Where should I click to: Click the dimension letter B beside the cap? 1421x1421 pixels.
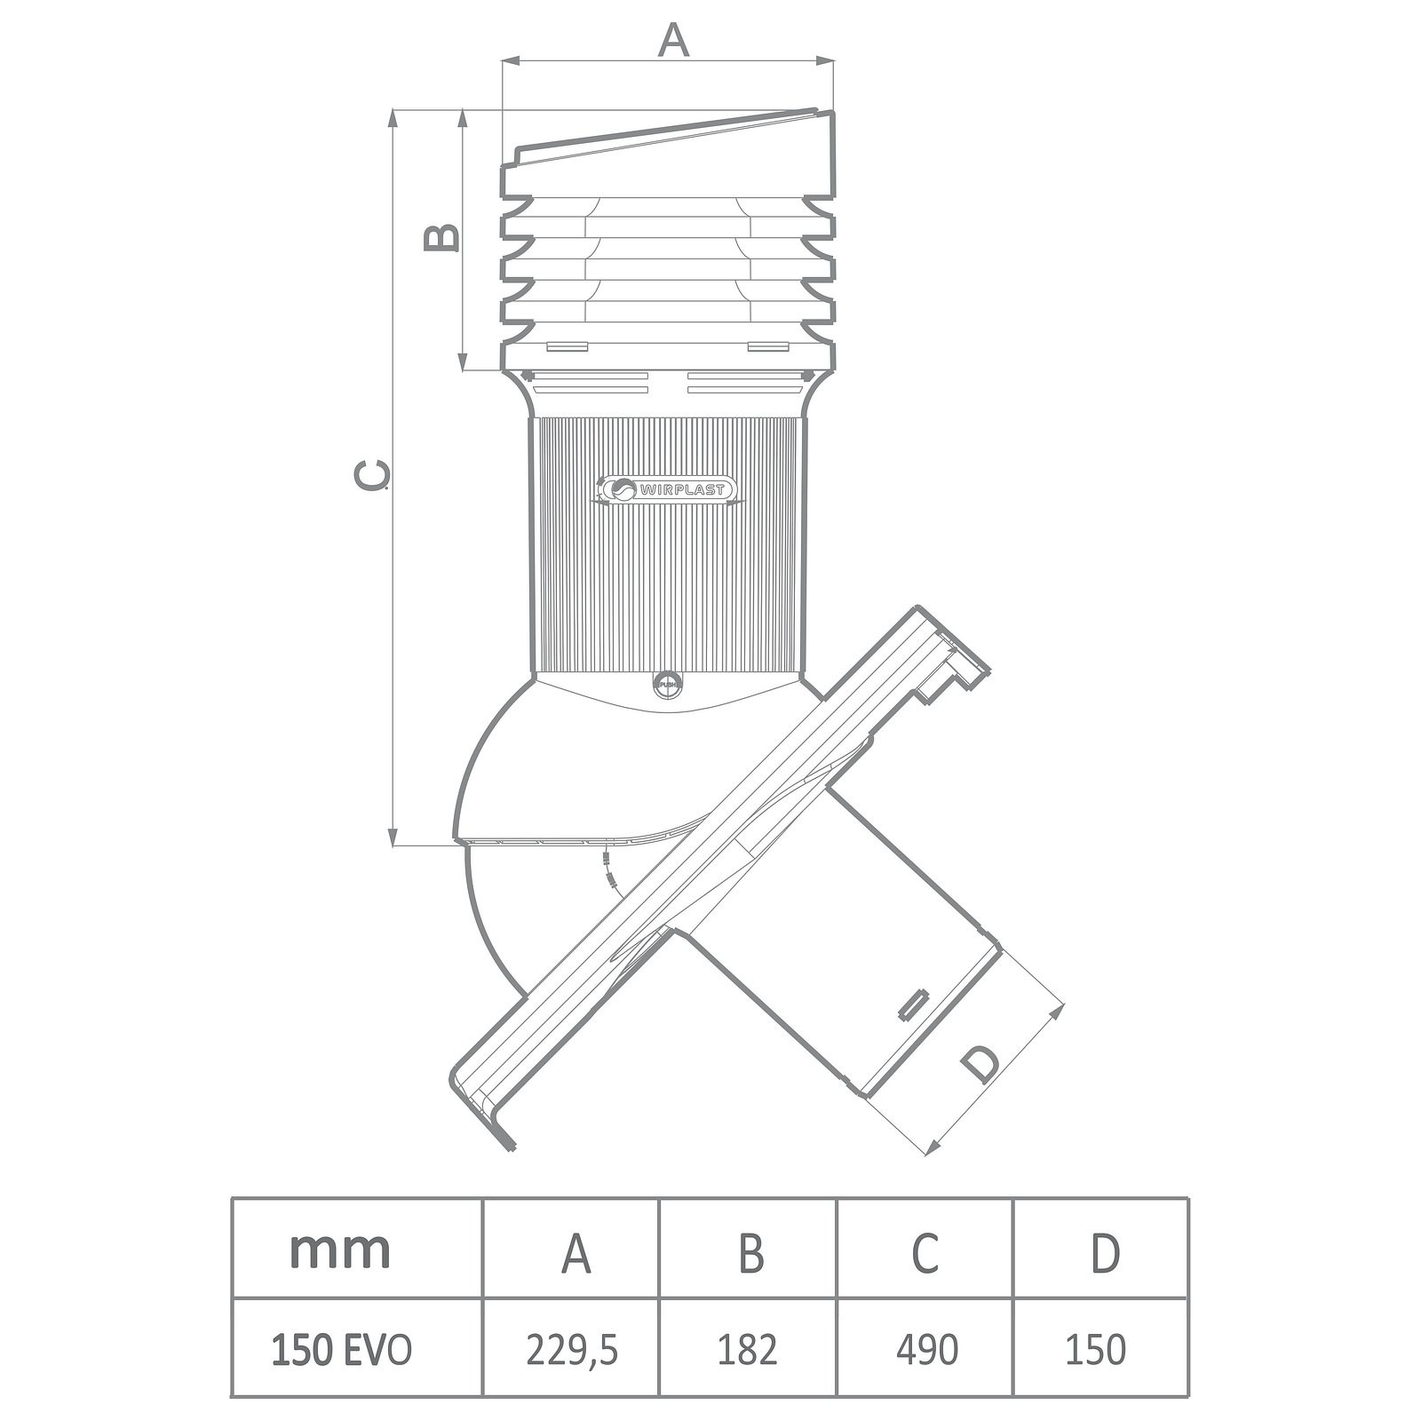click(441, 237)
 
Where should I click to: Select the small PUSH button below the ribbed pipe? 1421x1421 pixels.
click(665, 684)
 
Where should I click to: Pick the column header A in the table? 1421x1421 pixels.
click(576, 1253)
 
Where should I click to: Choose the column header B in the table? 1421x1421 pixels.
click(750, 1253)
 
